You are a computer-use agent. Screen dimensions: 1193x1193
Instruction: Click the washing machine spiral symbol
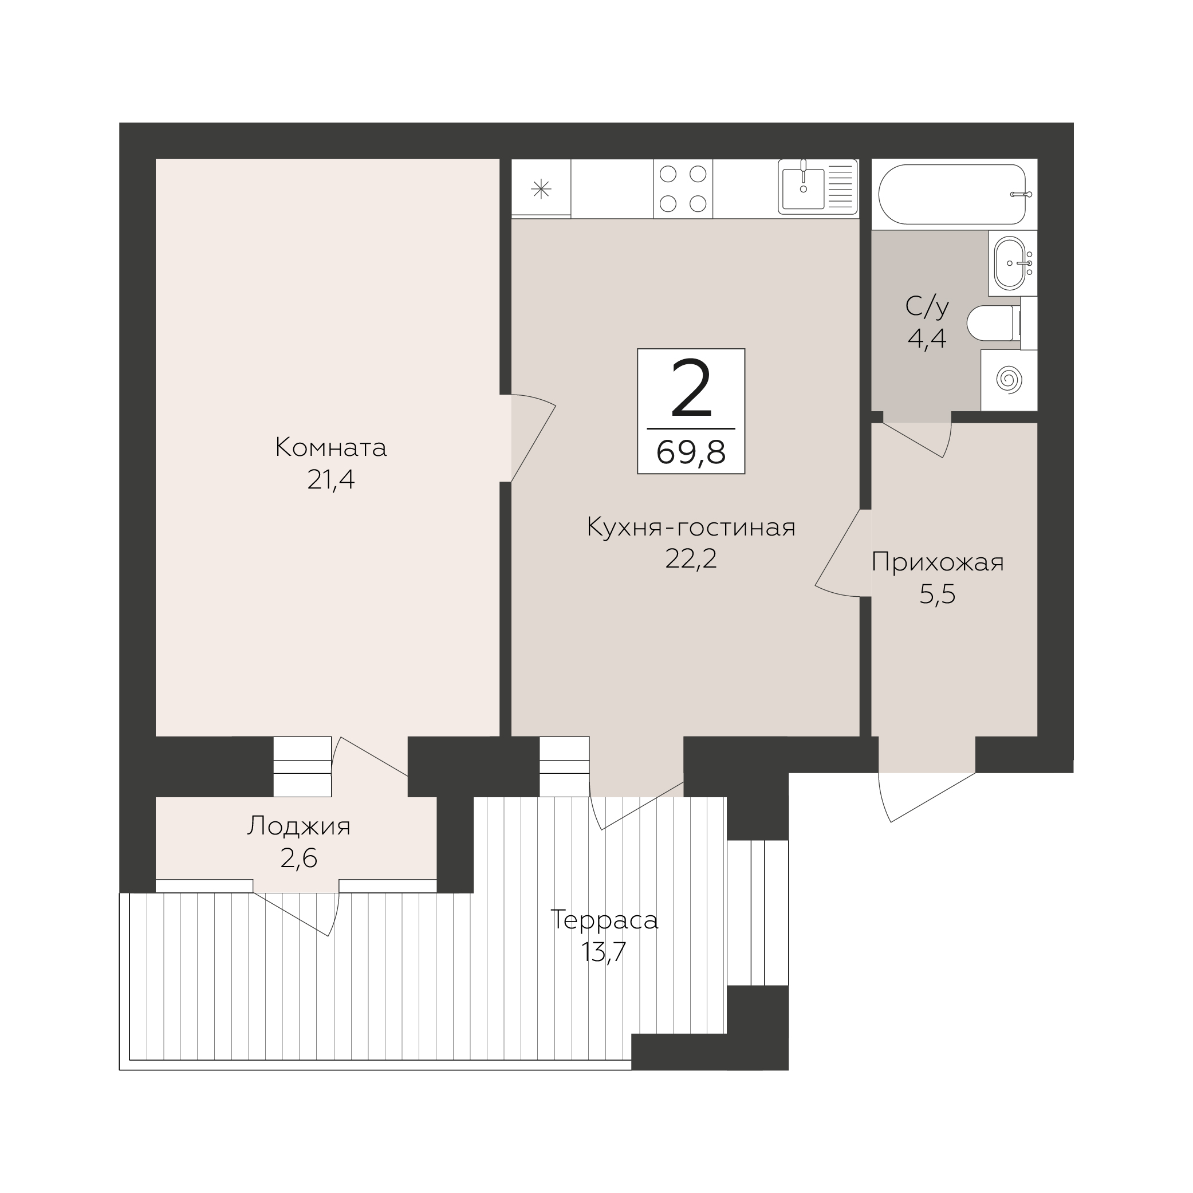[x=1009, y=380]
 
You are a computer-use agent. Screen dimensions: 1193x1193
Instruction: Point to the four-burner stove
[x=683, y=188]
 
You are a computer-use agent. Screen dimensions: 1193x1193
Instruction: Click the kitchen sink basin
[x=804, y=188]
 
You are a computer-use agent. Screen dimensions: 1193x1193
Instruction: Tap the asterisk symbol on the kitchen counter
[x=541, y=188]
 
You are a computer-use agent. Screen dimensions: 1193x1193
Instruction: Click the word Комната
[x=331, y=447]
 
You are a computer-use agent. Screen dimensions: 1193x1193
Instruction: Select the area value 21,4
[x=331, y=480]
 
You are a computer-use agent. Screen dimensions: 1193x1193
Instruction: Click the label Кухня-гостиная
[x=691, y=527]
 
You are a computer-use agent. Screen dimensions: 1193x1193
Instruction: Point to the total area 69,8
[x=691, y=452]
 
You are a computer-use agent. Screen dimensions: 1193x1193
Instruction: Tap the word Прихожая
[x=938, y=562]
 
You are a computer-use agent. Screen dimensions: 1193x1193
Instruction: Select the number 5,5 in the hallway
[x=938, y=594]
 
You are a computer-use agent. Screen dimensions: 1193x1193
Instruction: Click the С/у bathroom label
[x=927, y=306]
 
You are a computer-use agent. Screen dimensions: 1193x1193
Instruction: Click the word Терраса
[x=605, y=920]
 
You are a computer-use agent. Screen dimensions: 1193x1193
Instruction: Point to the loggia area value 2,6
[x=299, y=859]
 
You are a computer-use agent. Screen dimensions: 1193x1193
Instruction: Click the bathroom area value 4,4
[x=927, y=338]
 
